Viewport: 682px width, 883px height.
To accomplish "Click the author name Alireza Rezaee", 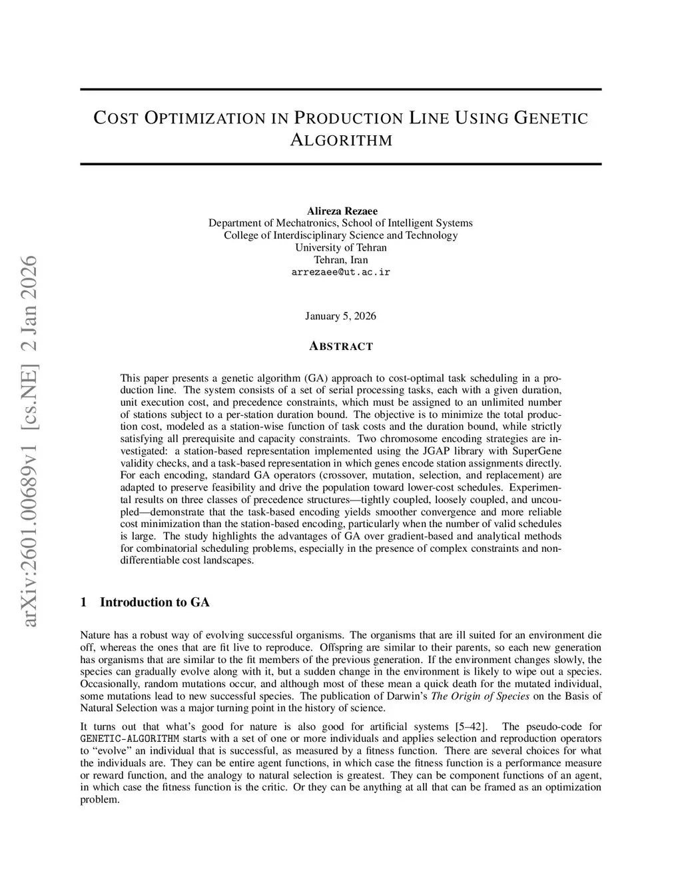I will pyautogui.click(x=340, y=211).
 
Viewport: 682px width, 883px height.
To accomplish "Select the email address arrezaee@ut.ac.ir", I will pyautogui.click(x=340, y=272).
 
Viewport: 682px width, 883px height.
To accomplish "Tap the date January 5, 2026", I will pyautogui.click(x=340, y=316).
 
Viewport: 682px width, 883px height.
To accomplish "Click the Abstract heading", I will pyautogui.click(x=340, y=347).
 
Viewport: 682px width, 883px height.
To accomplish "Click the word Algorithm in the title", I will pyautogui.click(x=340, y=141).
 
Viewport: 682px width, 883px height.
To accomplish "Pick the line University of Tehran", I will pyautogui.click(x=340, y=247).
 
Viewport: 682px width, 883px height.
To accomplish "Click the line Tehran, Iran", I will pyautogui.click(x=340, y=260).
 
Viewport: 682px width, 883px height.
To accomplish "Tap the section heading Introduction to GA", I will pyautogui.click(x=155, y=602).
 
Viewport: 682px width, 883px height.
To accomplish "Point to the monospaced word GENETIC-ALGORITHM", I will pyautogui.click(x=129, y=739).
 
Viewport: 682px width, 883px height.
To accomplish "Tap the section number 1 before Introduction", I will pyautogui.click(x=83, y=602).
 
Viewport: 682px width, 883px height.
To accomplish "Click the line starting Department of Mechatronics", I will pyautogui.click(x=340, y=223).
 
